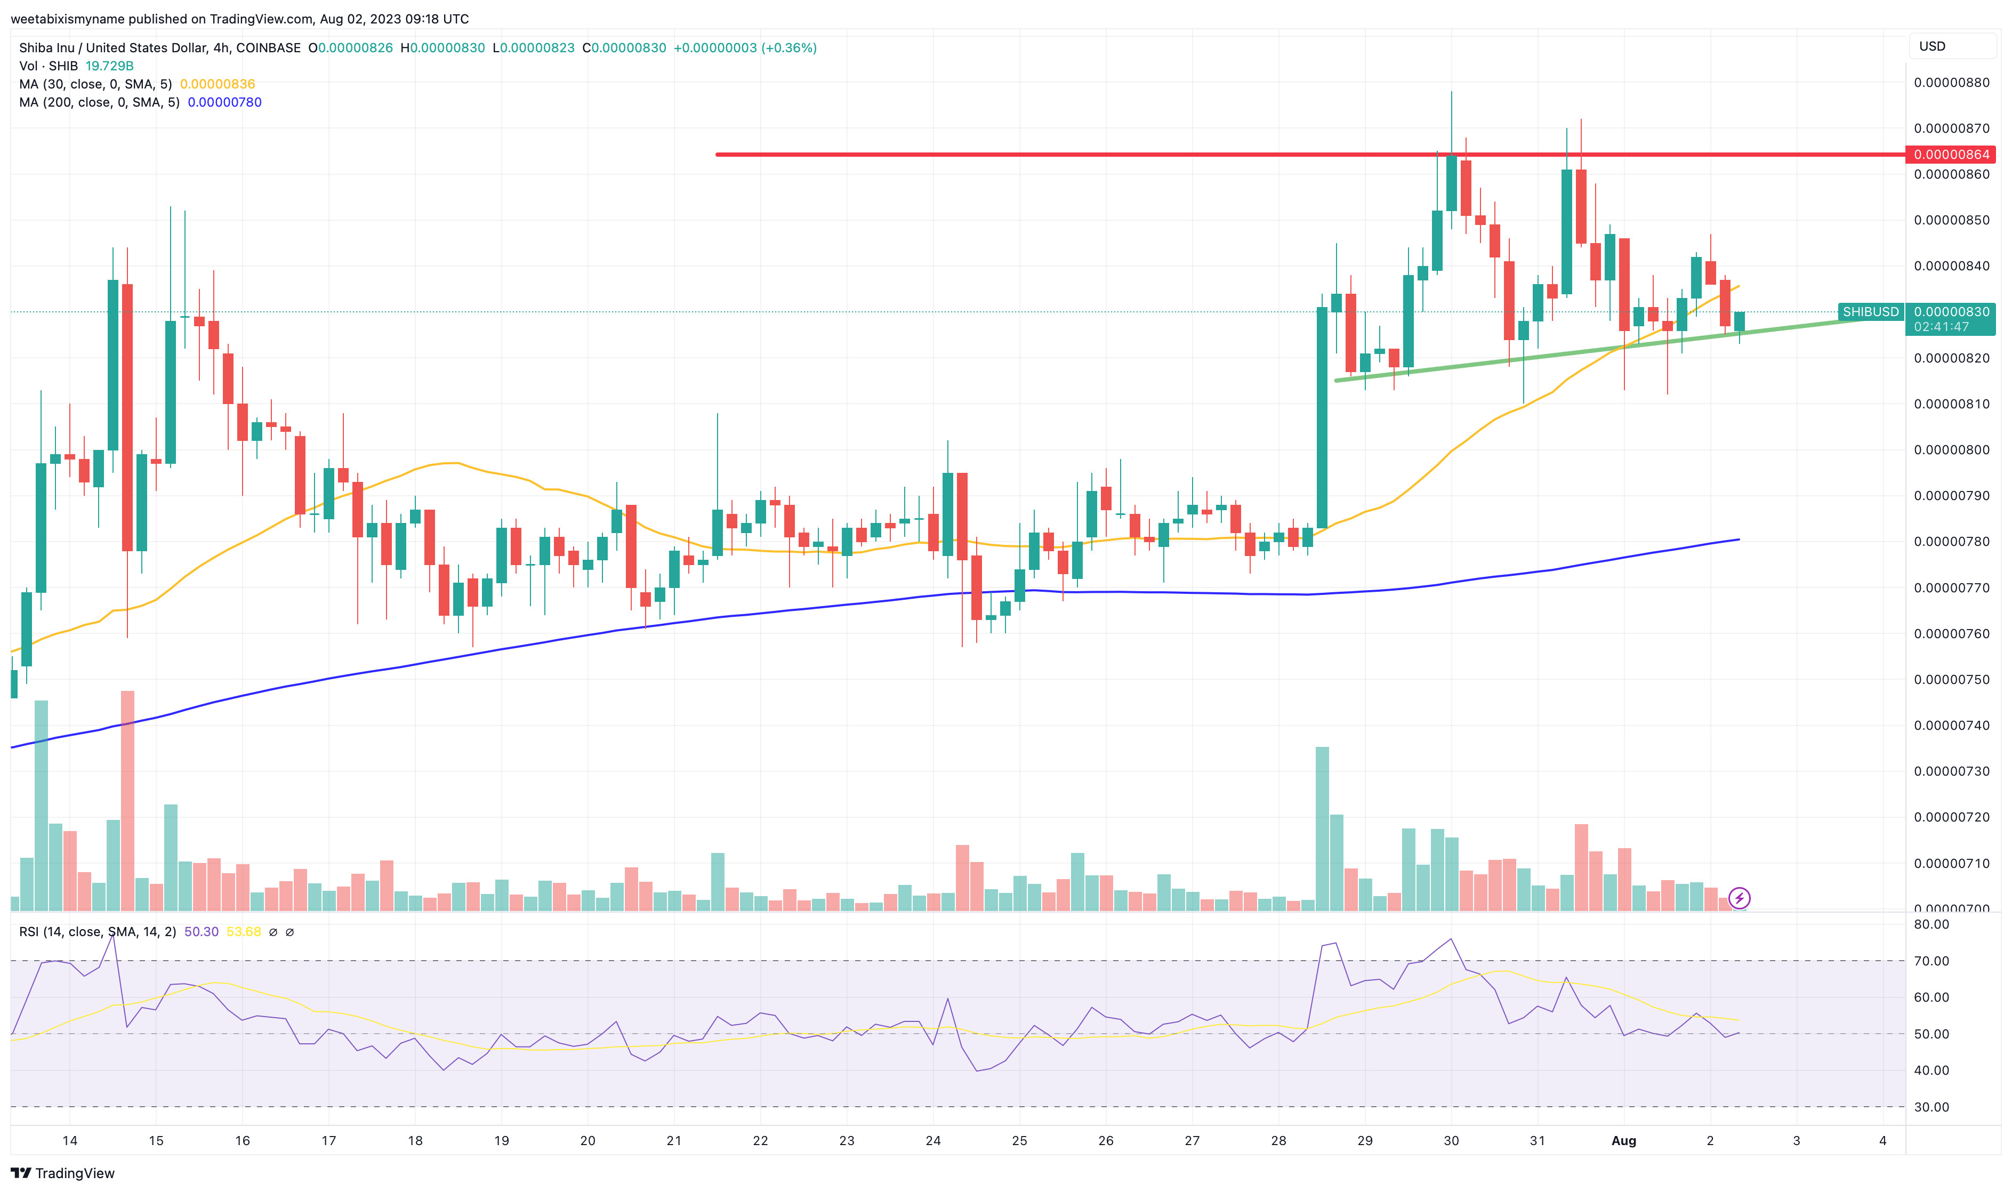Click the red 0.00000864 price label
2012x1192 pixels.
point(1951,154)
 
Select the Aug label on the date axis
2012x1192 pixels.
point(1623,1141)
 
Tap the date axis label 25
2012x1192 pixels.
point(1019,1141)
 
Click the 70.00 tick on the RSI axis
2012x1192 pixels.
point(1931,961)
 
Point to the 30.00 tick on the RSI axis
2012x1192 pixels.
point(1931,1107)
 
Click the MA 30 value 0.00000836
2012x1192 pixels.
point(217,84)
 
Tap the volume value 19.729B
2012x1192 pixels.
point(109,66)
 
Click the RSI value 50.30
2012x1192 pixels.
point(201,932)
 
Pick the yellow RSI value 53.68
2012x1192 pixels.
point(243,932)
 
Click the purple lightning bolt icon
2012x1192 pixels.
point(1739,898)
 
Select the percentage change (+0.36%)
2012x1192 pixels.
point(788,48)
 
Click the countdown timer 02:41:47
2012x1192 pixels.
point(1941,327)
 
